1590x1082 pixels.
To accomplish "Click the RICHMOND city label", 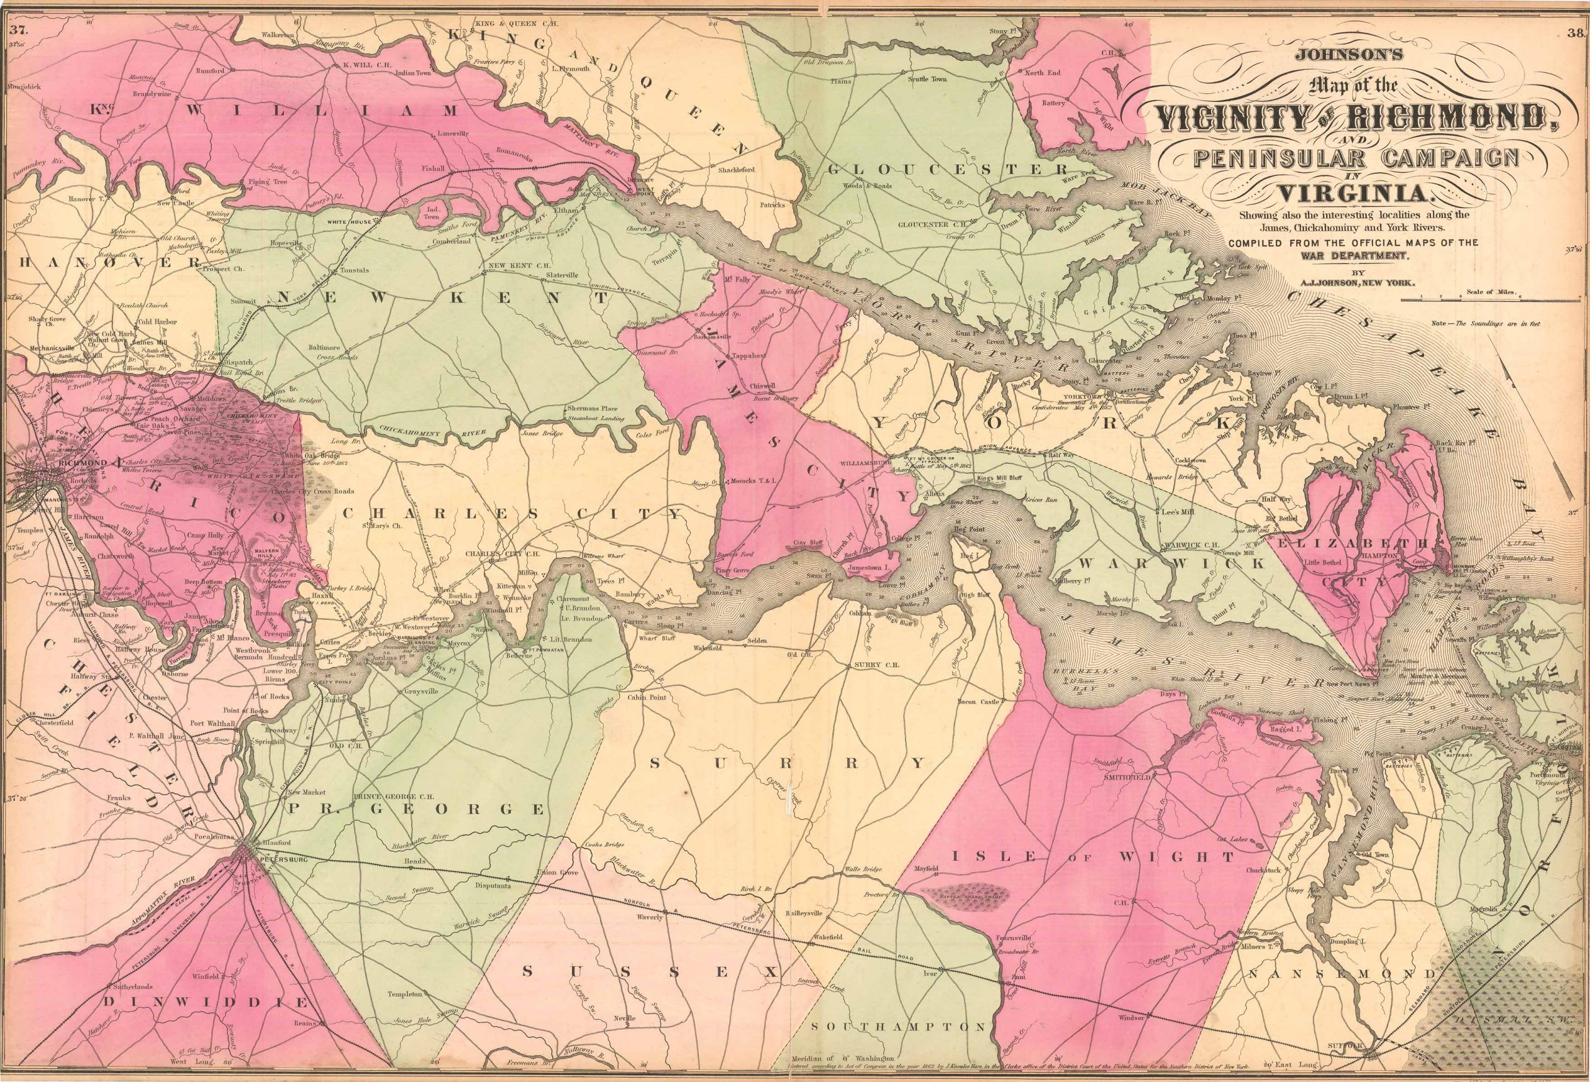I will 83,463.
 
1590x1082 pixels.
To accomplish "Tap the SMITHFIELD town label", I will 1124,778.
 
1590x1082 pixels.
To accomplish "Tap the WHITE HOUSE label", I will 349,222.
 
